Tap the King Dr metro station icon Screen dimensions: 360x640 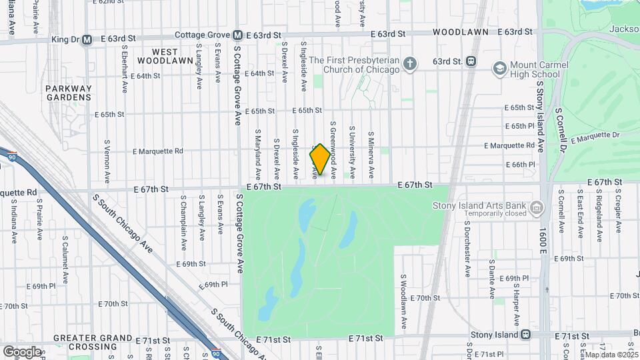point(87,39)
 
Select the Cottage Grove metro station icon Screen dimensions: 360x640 point(237,35)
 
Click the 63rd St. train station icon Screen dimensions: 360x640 point(471,61)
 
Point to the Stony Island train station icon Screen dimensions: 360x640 point(526,335)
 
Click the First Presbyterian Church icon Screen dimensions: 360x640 point(411,64)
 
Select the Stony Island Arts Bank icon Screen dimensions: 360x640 point(535,209)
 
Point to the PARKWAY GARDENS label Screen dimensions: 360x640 point(69,93)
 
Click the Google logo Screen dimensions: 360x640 point(22,351)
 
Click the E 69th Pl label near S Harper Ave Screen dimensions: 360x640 point(517,278)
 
